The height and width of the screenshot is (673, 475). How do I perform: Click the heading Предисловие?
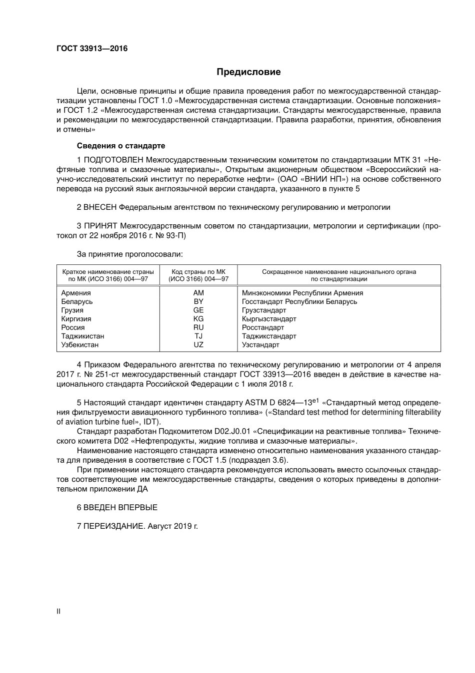[248, 72]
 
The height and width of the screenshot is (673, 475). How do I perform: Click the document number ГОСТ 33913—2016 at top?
[92, 49]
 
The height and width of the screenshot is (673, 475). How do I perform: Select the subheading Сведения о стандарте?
[120, 146]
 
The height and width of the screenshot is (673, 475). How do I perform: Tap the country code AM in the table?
[198, 293]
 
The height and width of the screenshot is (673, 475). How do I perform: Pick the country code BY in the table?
[198, 301]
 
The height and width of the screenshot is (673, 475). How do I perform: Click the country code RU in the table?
[198, 327]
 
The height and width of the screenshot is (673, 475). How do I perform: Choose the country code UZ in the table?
[198, 345]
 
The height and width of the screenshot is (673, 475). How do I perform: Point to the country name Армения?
[76, 293]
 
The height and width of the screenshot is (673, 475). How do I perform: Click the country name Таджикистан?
[82, 336]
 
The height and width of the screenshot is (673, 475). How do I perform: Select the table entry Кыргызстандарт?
[269, 319]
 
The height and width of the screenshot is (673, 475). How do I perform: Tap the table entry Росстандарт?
[263, 327]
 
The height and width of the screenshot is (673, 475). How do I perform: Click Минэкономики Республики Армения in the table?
[302, 293]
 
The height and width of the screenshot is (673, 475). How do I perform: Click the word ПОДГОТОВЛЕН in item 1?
[114, 160]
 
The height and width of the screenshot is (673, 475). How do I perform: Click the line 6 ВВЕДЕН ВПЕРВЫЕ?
[117, 507]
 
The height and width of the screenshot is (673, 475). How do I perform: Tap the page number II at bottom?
[58, 611]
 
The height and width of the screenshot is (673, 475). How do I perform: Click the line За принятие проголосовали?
[130, 254]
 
